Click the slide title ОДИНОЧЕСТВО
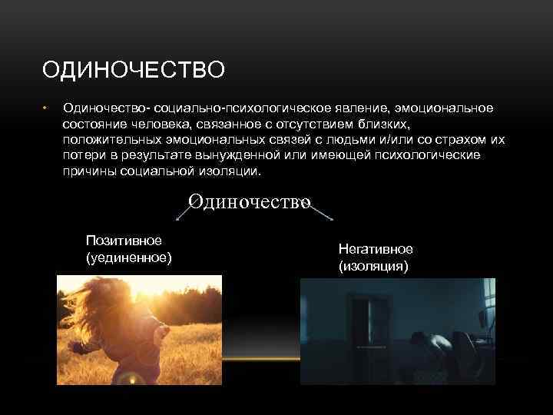pos(134,71)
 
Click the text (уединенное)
pos(128,257)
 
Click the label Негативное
pos(375,250)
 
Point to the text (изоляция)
pos(373,266)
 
